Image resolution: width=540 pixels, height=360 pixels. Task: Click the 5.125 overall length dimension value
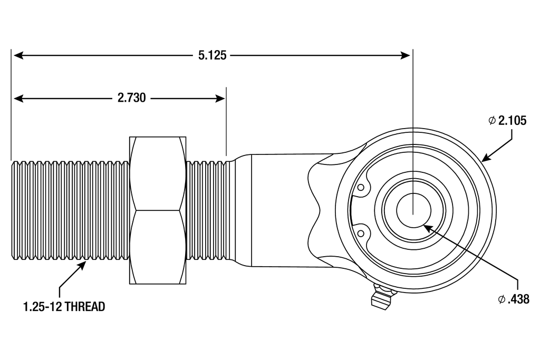213,55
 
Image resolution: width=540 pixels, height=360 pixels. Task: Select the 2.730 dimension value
132,98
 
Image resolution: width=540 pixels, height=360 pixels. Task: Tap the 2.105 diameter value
512,121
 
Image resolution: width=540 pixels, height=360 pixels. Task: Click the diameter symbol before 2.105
491,121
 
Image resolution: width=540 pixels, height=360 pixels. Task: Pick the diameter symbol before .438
502,299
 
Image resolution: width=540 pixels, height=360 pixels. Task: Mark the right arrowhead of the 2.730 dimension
221,98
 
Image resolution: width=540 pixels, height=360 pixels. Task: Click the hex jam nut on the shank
158,210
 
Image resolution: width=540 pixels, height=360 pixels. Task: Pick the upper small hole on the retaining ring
361,187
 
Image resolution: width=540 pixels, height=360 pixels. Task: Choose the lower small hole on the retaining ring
361,232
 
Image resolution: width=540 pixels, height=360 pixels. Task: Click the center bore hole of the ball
413,209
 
